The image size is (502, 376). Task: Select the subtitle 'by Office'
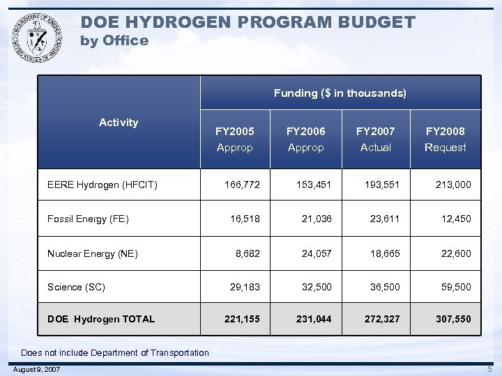coord(114,40)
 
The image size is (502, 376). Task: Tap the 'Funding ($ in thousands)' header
coord(340,93)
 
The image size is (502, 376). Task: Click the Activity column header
coord(119,123)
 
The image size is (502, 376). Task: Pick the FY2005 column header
coord(235,131)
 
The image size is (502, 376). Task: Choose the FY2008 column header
coord(445,131)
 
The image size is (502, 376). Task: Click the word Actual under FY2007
coord(375,148)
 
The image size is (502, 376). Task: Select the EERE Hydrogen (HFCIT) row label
coord(102,185)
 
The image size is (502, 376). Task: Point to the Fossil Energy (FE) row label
coord(88,219)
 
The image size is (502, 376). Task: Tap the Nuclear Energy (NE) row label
coord(92,253)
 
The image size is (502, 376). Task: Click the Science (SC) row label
coord(76,287)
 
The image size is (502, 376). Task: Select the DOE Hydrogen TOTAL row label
coord(101,319)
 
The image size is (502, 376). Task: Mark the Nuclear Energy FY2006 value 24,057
coord(317,253)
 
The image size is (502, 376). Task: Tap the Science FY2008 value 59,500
coord(456,287)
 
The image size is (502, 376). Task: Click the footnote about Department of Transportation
coord(114,352)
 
